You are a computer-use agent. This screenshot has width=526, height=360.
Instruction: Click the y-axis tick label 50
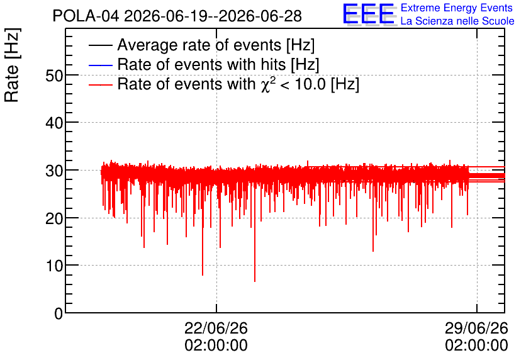(54, 76)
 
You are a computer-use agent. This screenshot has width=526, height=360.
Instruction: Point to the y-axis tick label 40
(54, 123)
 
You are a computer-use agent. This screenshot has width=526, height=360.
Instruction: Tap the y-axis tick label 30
(54, 171)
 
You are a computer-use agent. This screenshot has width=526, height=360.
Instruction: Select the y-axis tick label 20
(54, 219)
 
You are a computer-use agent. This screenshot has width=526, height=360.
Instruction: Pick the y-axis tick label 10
(54, 266)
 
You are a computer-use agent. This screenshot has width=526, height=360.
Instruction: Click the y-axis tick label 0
(59, 313)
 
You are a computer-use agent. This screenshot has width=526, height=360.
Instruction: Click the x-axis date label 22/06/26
(216, 328)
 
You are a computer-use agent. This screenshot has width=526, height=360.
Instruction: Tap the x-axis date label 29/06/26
(476, 328)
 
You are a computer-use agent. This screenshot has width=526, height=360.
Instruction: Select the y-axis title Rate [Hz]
(12, 65)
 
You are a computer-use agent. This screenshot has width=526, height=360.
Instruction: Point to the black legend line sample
(100, 45)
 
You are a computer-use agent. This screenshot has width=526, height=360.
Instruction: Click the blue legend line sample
(100, 65)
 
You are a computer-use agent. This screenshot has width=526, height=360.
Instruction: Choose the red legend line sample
(100, 84)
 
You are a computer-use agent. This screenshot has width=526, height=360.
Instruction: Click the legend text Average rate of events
(199, 45)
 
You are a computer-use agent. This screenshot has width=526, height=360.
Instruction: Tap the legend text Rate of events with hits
(201, 64)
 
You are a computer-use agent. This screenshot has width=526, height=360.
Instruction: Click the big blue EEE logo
(369, 14)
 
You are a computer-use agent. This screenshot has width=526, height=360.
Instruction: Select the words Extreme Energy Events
(457, 8)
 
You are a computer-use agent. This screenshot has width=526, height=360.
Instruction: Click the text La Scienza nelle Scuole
(457, 21)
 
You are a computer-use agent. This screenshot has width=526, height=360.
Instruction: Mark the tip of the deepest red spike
(255, 281)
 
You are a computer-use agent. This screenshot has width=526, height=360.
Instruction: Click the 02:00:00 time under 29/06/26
(476, 346)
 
